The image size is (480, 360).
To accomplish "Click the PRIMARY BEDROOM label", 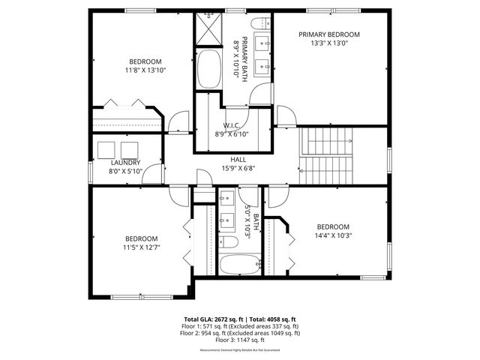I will click(329, 34).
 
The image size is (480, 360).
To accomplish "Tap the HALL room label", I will click(238, 159).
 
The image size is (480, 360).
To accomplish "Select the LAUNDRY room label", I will click(125, 163).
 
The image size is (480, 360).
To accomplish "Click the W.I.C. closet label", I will click(231, 125).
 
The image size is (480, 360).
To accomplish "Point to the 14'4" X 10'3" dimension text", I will click(334, 235).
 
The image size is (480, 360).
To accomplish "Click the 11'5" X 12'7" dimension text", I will click(142, 247).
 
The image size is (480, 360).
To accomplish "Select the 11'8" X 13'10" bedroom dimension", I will click(145, 70).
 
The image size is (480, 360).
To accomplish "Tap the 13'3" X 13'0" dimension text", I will click(329, 43).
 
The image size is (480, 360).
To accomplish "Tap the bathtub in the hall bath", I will click(239, 264).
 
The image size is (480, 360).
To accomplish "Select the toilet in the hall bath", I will click(229, 241).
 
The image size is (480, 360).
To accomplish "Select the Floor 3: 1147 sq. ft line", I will click(240, 340).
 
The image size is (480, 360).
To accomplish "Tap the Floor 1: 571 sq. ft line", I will click(240, 326).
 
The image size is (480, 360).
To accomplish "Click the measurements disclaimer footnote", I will click(240, 350).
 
